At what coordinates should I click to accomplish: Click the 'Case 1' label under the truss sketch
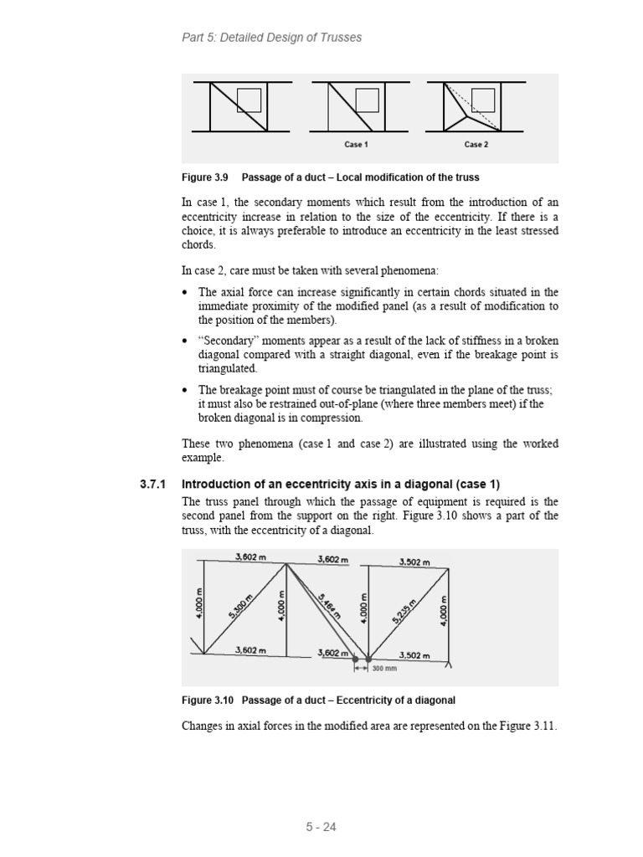coord(356,145)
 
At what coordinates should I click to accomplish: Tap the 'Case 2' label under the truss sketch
coord(476,145)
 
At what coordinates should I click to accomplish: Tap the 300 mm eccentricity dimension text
coord(385,669)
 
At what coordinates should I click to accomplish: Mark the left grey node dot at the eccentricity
coord(354,659)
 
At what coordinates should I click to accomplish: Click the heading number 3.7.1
coord(153,485)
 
